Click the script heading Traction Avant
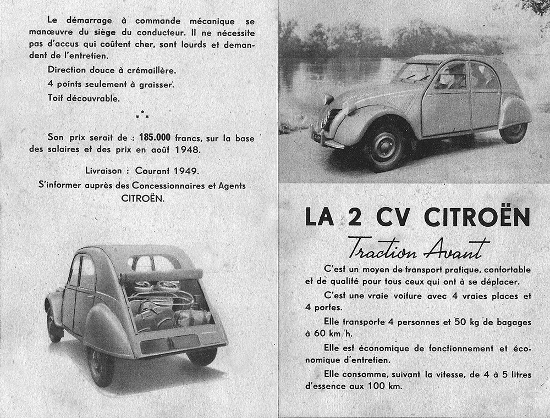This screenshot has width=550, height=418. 411,248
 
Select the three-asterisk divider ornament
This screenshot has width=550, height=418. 142,114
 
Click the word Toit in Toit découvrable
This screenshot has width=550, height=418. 56,99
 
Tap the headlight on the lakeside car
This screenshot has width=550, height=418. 329,99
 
